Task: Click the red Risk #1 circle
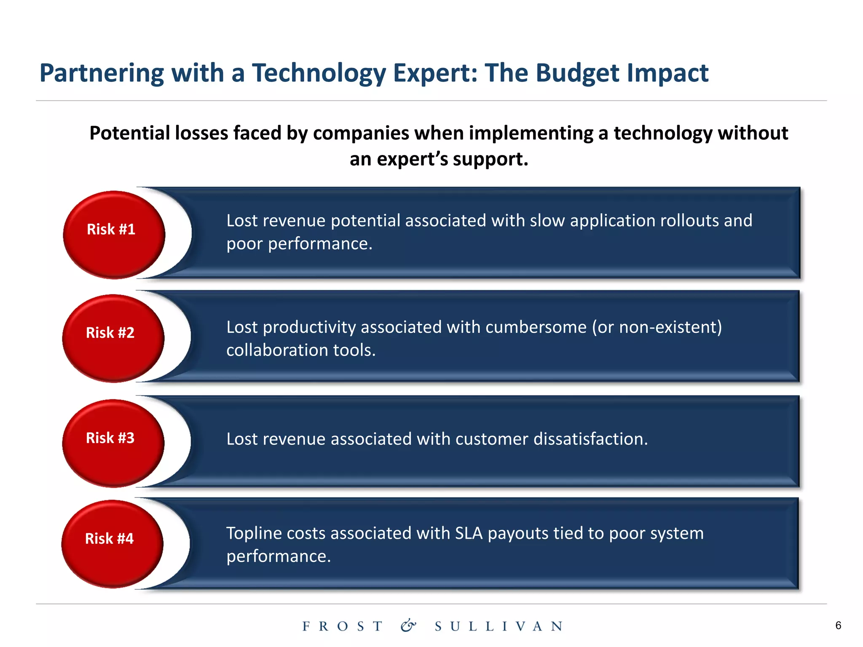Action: pos(114,235)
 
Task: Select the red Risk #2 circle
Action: pos(113,338)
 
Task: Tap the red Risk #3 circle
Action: pos(113,443)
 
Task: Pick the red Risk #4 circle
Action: pos(112,544)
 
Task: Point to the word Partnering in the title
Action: pos(102,73)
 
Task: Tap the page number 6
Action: pos(838,626)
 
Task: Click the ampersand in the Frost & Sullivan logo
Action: pos(408,626)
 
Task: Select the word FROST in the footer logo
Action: pos(343,626)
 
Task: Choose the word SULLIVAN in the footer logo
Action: pos(499,626)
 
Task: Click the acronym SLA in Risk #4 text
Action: pos(469,533)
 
